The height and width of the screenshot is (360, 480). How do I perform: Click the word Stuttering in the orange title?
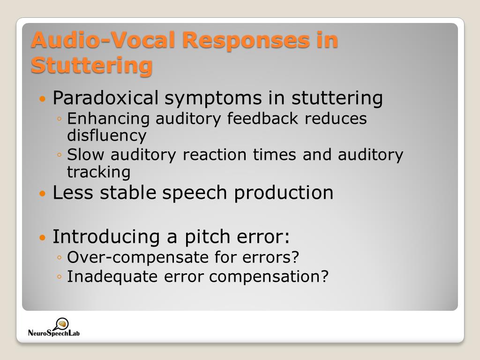pyautogui.click(x=91, y=66)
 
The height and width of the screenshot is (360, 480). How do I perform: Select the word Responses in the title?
pyautogui.click(x=247, y=40)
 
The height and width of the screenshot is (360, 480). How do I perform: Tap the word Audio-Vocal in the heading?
pyautogui.click(x=104, y=40)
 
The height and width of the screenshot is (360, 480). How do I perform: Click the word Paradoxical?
pyautogui.click(x=105, y=98)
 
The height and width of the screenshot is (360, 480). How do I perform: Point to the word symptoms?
pyautogui.click(x=213, y=98)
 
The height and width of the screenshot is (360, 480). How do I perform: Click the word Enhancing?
pyautogui.click(x=108, y=119)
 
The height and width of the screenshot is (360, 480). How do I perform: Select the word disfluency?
pyautogui.click(x=107, y=135)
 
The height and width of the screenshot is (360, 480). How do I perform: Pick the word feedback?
pyautogui.click(x=262, y=118)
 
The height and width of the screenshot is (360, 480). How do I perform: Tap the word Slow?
pyautogui.click(x=85, y=154)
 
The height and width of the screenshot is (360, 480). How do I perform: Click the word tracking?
pyautogui.click(x=99, y=172)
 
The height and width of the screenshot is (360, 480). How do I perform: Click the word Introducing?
pyautogui.click(x=106, y=237)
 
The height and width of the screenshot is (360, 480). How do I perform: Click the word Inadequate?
pyautogui.click(x=112, y=277)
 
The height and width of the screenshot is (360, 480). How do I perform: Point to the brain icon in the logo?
pyautogui.click(x=62, y=323)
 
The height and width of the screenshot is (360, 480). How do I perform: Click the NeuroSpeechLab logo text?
pyautogui.click(x=54, y=333)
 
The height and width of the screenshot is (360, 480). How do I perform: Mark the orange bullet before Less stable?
pyautogui.click(x=43, y=194)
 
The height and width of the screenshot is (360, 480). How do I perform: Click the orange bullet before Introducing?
pyautogui.click(x=43, y=237)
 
